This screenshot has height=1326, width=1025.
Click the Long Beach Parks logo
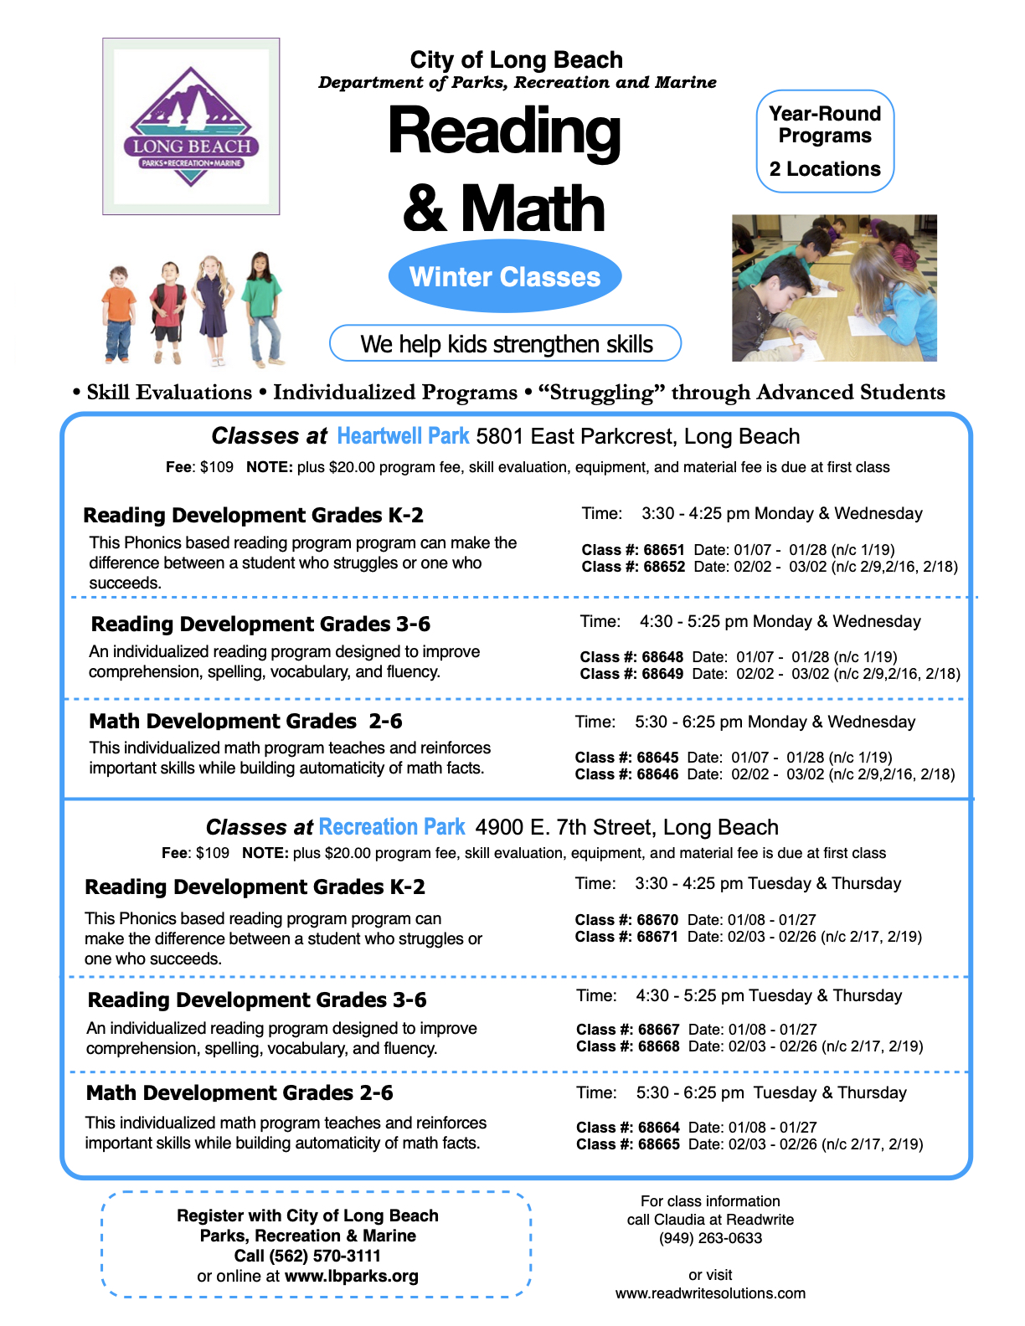191,126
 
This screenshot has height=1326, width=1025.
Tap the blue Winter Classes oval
505,276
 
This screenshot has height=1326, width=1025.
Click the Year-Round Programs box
825,141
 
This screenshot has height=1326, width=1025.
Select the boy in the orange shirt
118,313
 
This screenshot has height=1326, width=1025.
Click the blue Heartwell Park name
403,436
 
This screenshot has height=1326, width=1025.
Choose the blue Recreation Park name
391,827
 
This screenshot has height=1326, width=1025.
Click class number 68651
664,550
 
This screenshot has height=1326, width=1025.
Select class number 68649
662,674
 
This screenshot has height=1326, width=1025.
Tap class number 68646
657,774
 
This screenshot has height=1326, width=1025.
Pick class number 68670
657,920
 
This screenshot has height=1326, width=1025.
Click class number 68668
659,1046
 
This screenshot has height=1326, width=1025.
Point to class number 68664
659,1128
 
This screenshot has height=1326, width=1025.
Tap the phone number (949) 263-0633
710,1238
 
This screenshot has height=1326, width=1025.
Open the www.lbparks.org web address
351,1276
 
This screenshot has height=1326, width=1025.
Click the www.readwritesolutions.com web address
710,1293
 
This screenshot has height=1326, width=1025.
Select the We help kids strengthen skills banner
506,343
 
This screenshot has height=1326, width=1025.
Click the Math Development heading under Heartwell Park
245,721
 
